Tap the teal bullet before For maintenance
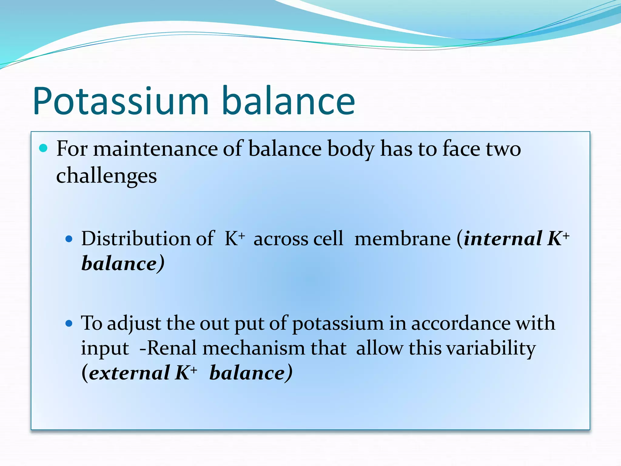coord(43,148)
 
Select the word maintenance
coord(155,149)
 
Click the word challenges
coord(106,176)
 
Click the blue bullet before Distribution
coord(69,239)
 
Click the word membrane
coord(403,239)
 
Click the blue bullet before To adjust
coord(69,323)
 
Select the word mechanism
coord(253,348)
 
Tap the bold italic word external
coord(129,373)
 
